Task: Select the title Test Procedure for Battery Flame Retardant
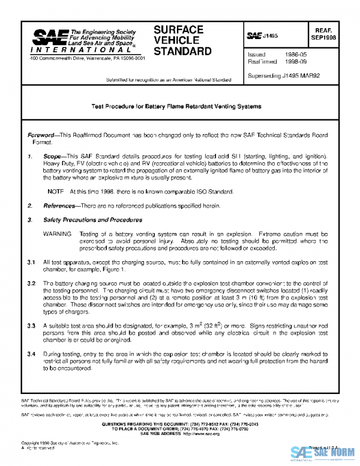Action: (x=176, y=106)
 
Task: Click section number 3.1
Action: (x=31, y=262)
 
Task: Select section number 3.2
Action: (x=31, y=282)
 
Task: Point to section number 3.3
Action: (x=31, y=325)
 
